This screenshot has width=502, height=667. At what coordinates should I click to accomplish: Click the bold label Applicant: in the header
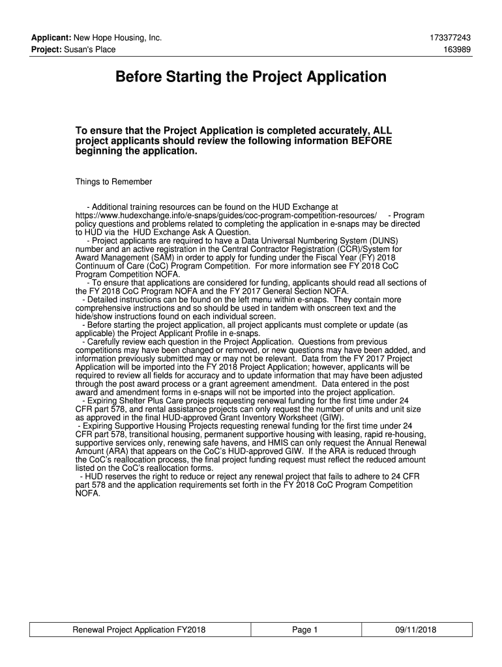(x=52, y=38)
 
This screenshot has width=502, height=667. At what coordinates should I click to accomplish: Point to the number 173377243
(x=450, y=38)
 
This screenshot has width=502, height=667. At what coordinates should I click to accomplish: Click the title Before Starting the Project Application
(x=251, y=78)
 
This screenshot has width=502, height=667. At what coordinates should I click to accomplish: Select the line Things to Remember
(x=113, y=182)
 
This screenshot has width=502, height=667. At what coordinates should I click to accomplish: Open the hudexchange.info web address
(x=226, y=215)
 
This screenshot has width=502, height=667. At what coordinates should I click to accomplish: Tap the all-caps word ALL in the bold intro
(x=381, y=131)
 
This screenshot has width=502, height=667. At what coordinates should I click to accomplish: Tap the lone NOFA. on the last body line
(x=89, y=494)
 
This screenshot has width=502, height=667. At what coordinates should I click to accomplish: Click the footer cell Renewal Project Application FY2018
(x=139, y=630)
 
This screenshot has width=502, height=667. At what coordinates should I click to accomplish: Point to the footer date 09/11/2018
(x=415, y=630)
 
